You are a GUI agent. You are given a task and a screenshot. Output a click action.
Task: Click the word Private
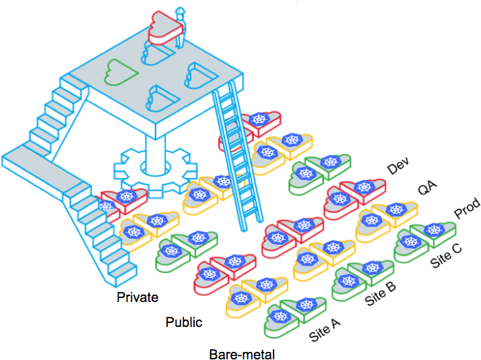[138, 297]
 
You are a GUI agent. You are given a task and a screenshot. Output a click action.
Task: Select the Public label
[184, 322]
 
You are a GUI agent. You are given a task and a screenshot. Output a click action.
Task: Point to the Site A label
[325, 328]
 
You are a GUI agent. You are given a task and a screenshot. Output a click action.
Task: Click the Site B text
[381, 294]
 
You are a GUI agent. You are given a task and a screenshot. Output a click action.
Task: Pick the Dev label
[397, 168]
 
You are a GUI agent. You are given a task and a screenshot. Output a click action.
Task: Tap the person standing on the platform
[180, 27]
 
